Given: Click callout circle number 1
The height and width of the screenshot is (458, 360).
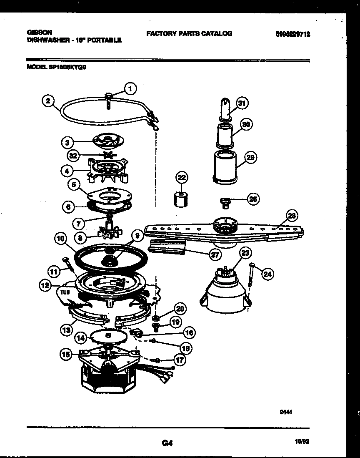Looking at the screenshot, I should [x=130, y=88].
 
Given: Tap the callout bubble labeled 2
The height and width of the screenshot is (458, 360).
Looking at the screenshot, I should [x=48, y=101].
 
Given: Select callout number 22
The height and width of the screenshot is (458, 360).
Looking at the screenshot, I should [x=182, y=178].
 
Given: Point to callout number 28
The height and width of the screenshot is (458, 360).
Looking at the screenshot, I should [x=292, y=215].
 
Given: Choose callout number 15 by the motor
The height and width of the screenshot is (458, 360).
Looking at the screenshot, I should [x=65, y=354].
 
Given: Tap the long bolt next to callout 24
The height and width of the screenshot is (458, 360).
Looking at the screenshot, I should [x=251, y=275].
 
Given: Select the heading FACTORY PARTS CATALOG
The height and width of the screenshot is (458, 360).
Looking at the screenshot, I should [x=189, y=33].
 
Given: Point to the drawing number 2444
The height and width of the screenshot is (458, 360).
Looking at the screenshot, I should [x=285, y=412].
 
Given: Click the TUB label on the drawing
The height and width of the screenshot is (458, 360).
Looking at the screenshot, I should [x=65, y=292].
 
